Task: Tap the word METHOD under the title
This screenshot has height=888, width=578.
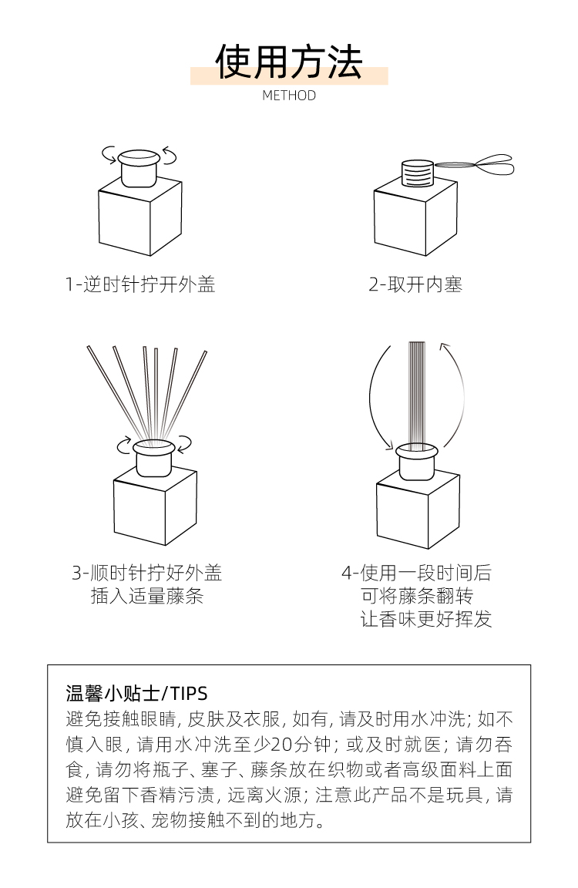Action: [289, 95]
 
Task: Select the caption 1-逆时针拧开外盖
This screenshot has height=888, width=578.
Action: [140, 284]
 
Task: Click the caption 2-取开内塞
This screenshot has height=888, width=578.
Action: [415, 284]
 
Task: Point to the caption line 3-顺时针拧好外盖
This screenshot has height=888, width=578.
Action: [146, 573]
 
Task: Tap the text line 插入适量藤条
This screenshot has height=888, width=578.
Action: [146, 596]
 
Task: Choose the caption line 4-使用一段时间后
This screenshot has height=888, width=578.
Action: [416, 573]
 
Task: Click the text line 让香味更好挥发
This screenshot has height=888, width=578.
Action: [425, 619]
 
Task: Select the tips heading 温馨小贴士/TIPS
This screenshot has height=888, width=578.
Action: [136, 693]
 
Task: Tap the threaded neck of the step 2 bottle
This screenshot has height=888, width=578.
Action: [417, 173]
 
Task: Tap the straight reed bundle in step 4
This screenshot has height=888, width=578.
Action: [417, 392]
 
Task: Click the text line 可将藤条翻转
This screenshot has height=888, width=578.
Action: [417, 596]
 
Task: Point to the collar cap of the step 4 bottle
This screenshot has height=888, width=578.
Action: [417, 460]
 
